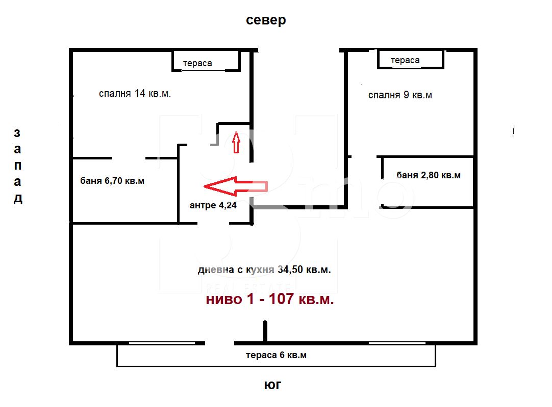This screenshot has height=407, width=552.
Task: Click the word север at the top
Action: tap(266, 20)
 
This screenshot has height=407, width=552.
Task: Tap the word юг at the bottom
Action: tap(272, 385)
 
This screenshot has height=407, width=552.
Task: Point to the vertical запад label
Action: tap(18, 166)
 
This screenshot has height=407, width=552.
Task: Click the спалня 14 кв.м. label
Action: tap(135, 94)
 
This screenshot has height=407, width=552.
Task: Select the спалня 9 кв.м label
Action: tap(400, 95)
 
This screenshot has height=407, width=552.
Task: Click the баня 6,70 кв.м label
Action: tap(112, 181)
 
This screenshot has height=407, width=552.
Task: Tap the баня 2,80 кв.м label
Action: tap(429, 175)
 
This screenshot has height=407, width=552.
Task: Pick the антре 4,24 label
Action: tap(213, 205)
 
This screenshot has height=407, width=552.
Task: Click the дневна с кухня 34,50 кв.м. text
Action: tap(264, 269)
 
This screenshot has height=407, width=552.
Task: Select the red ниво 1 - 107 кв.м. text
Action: tap(270, 300)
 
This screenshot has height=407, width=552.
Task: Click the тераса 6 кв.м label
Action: tap(276, 355)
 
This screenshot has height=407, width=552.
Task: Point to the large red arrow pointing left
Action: tap(236, 186)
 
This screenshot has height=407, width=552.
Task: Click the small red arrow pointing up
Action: tap(236, 142)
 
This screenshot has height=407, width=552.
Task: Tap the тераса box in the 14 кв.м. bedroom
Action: tap(206, 70)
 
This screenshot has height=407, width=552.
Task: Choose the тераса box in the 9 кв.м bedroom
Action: tap(411, 67)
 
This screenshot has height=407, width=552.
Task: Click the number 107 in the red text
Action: tap(281, 299)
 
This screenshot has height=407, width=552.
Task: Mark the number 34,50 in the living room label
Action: tap(290, 269)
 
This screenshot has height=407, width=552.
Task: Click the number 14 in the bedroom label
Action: tap(140, 93)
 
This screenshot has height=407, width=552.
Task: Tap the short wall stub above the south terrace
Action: tap(265, 331)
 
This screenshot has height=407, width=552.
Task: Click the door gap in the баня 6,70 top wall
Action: tap(129, 158)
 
